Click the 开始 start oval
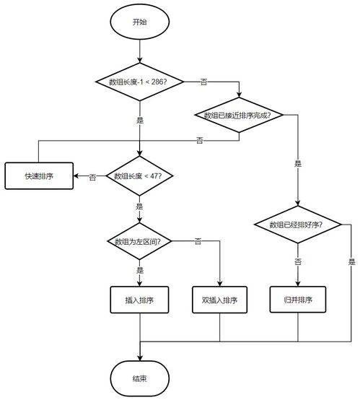point(139,22)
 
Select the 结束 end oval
point(139,378)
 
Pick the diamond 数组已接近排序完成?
point(239,116)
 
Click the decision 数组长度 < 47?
point(139,176)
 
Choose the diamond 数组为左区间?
point(139,240)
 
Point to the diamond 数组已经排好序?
point(297,225)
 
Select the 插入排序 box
point(139,300)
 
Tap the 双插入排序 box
point(219,300)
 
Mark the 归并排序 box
point(297,300)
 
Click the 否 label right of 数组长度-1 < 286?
point(203,82)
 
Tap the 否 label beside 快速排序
point(92,177)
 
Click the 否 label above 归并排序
point(297,260)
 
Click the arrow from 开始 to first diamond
point(139,51)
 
